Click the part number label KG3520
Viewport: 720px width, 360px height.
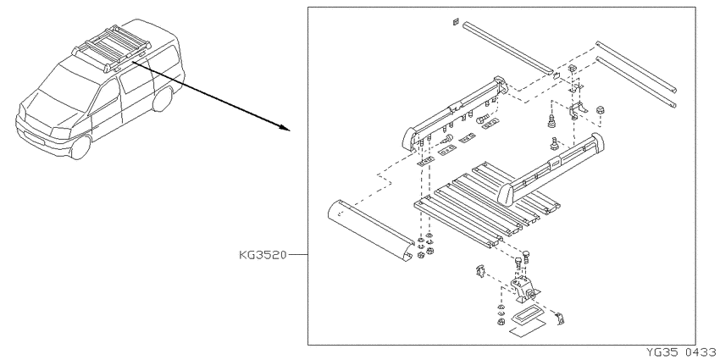[263, 255]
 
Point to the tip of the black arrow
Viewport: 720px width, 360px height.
[291, 130]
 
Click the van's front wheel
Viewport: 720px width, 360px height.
[80, 146]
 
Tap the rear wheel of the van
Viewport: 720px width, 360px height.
[163, 99]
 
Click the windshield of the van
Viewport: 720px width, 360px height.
[65, 85]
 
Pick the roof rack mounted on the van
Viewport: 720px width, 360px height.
[110, 47]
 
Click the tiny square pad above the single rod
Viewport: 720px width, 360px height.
[455, 21]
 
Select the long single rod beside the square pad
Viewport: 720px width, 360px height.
[507, 47]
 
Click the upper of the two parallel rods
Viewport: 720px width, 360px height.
[636, 67]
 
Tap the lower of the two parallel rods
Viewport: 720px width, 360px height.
[636, 81]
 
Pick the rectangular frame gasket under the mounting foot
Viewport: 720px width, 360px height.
[527, 315]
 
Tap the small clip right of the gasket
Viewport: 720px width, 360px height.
[559, 318]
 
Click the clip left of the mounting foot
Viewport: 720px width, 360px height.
[479, 271]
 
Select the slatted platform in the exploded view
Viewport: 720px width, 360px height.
[487, 203]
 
